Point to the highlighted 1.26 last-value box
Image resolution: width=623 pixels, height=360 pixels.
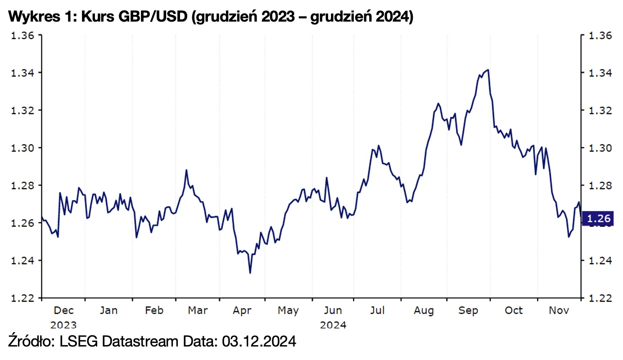(x=598, y=219)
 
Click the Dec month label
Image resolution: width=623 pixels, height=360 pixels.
(x=63, y=310)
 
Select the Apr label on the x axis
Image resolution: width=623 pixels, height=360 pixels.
(x=243, y=310)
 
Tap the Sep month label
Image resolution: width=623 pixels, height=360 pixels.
(x=468, y=310)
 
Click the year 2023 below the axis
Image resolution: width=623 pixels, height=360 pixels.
(x=63, y=325)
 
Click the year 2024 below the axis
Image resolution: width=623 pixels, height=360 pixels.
(x=333, y=325)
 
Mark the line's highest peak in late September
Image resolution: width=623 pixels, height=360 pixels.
(x=488, y=70)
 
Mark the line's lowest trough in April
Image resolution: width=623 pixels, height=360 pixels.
(x=250, y=273)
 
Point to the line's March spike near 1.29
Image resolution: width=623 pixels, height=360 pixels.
(x=186, y=170)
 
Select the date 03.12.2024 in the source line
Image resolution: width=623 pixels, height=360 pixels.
(x=258, y=342)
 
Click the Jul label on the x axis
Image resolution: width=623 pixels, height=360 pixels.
(x=378, y=310)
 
